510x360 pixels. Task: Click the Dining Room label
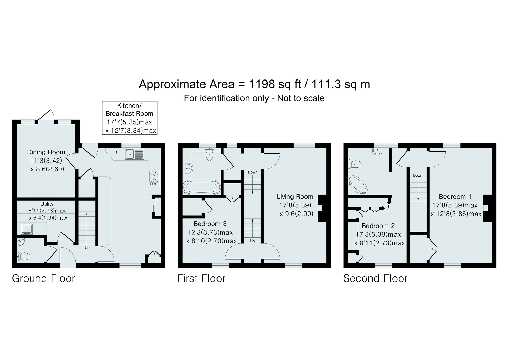[46, 152]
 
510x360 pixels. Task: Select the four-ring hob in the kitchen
[154, 178]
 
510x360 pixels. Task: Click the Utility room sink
[27, 229]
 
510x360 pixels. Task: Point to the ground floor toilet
[23, 256]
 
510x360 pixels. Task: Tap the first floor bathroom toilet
[209, 154]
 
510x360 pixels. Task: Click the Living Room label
[295, 197]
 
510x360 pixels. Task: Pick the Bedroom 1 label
[455, 197]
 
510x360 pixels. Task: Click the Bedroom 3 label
[210, 224]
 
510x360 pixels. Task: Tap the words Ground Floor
[44, 278]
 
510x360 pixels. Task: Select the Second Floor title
[375, 278]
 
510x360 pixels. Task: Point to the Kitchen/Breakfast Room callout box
[130, 118]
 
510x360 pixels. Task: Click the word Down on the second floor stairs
[418, 175]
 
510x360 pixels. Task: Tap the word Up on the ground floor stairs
[87, 248]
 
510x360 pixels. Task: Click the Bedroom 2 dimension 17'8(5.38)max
[378, 234]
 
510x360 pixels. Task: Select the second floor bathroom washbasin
[377, 151]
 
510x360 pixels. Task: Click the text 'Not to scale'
[301, 98]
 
